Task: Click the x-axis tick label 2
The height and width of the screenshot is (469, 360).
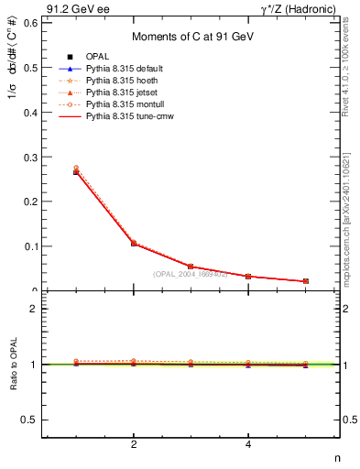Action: click(134, 446)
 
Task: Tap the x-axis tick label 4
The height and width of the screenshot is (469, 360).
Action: click(248, 446)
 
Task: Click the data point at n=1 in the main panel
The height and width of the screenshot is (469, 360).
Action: click(76, 171)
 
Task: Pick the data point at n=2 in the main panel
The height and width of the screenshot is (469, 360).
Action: click(134, 244)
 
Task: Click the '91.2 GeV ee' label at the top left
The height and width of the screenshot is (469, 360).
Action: click(72, 9)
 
